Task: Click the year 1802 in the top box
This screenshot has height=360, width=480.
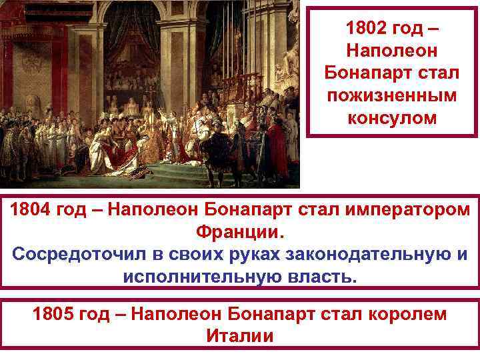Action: (x=367, y=29)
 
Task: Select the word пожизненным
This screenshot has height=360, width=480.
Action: (x=391, y=95)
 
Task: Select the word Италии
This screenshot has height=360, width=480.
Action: (x=239, y=335)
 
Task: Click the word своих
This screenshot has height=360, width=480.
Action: (x=199, y=255)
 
